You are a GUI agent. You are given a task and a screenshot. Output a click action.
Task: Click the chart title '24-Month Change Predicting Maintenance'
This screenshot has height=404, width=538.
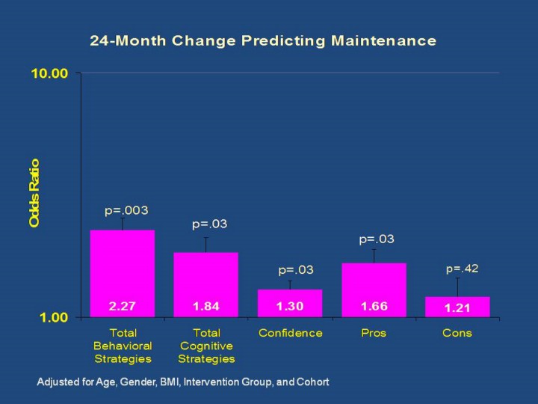(263, 41)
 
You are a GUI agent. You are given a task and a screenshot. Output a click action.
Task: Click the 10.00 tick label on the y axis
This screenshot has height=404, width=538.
(49, 73)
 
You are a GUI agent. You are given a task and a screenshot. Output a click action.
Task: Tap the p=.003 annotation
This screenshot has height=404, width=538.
(121, 210)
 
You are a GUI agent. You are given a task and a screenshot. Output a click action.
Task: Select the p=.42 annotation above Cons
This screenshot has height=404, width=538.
(463, 268)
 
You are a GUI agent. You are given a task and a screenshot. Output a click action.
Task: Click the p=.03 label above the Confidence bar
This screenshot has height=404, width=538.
(296, 270)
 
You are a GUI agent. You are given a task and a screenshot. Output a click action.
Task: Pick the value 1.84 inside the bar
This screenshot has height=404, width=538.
(206, 307)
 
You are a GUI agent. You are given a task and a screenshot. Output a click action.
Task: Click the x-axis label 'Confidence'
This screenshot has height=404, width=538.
(290, 333)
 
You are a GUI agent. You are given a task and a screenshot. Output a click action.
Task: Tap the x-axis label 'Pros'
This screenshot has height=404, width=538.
(374, 333)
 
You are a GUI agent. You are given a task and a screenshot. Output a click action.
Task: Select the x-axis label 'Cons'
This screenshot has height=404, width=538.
(457, 333)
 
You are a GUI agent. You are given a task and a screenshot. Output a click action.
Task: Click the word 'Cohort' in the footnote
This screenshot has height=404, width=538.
(313, 382)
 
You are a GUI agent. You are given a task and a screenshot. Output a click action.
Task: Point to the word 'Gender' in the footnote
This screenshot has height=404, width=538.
(121, 382)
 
